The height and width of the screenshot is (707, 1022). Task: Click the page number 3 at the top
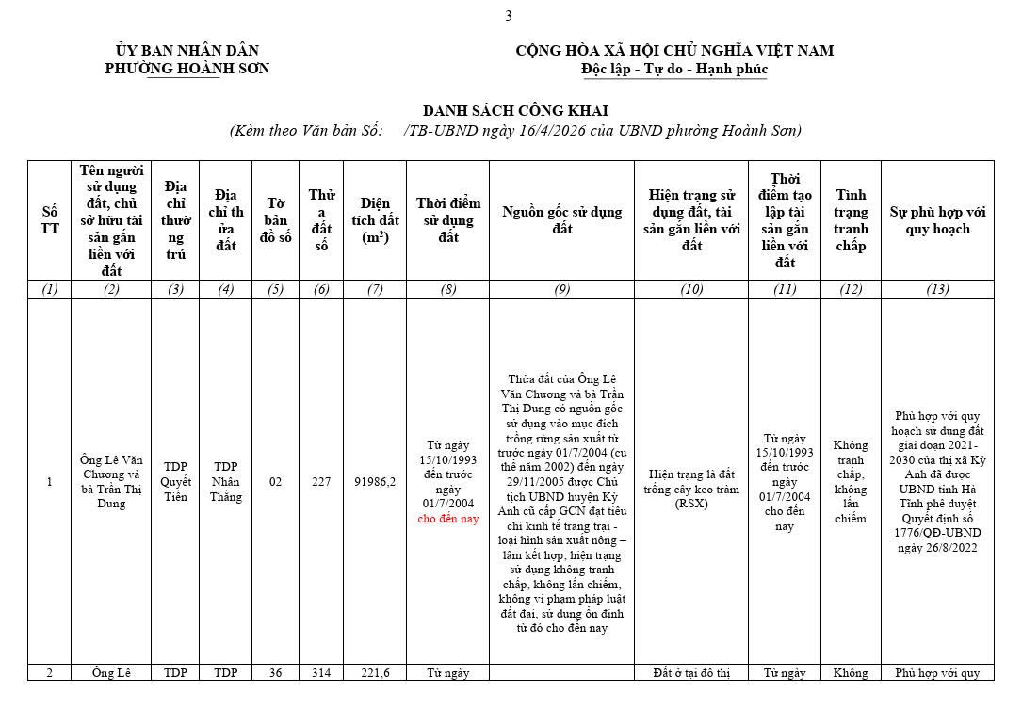509,15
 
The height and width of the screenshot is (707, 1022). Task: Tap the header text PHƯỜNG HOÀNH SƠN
187,69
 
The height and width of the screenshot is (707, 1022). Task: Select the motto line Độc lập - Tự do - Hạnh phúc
674,69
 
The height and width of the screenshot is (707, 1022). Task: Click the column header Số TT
49,220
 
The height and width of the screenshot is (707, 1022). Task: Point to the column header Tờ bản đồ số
275,220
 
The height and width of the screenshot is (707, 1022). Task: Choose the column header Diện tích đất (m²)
375,220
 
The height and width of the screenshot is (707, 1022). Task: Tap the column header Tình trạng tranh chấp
851,220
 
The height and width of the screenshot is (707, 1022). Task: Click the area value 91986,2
375,482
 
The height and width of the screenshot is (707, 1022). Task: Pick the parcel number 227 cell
321,482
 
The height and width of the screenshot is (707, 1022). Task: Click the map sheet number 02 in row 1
275,482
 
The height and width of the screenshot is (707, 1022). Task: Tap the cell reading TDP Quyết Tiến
175,482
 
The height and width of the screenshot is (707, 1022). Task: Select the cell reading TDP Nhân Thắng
225,482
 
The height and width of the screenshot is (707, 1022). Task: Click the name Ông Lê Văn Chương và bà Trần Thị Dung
110,482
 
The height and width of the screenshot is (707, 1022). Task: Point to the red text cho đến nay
447,519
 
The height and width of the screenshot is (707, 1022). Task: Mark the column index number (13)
936,289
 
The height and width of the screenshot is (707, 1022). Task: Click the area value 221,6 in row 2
375,673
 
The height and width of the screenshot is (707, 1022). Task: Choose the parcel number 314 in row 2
321,673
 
